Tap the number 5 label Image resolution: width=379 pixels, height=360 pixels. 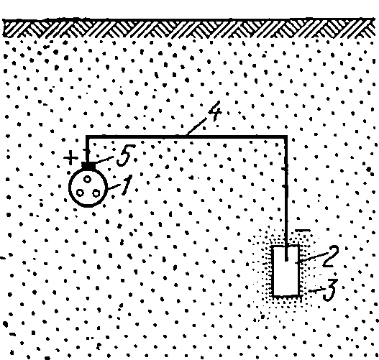125,155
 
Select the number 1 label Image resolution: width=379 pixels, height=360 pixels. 127,185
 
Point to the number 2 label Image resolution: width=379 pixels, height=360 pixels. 331,256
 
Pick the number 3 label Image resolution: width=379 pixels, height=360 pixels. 329,290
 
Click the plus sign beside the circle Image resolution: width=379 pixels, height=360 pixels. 70,158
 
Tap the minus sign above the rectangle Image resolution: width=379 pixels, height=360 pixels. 303,231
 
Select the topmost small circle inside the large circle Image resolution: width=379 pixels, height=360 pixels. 88,179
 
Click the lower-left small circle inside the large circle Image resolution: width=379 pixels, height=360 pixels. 80,193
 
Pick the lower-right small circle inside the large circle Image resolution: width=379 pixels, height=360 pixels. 96,193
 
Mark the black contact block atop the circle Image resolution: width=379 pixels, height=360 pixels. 88,166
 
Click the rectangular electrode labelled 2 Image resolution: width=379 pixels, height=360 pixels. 286,270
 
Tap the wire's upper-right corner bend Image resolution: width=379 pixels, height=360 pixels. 286,137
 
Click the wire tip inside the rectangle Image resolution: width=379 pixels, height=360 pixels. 286,260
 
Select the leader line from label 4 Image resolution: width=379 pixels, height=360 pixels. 196,126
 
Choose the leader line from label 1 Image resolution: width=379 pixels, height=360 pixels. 114,187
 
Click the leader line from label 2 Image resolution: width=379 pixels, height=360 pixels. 311,257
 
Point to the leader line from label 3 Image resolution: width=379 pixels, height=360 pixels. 316,290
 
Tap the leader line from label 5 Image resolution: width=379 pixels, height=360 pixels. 104,160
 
